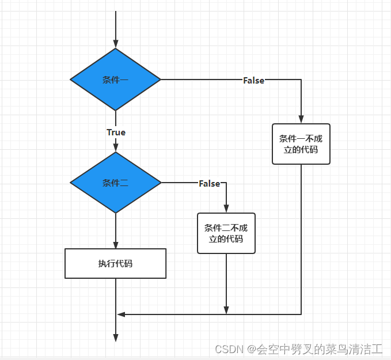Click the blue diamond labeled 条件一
(x=115, y=79)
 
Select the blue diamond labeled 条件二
(x=115, y=183)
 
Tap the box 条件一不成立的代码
(x=301, y=144)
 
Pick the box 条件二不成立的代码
(x=226, y=233)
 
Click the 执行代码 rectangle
(x=115, y=263)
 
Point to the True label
(x=116, y=132)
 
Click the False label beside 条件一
(x=253, y=81)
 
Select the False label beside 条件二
(x=210, y=183)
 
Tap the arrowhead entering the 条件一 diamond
(x=115, y=44)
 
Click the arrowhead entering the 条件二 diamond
(x=115, y=148)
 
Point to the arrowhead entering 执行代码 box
(x=115, y=245)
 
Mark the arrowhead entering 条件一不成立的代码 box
(x=301, y=119)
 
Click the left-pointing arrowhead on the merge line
(x=121, y=314)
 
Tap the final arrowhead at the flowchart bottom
(x=115, y=338)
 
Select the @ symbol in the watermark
(x=252, y=349)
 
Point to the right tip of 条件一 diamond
(x=160, y=79)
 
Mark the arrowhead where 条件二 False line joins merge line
(x=226, y=310)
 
